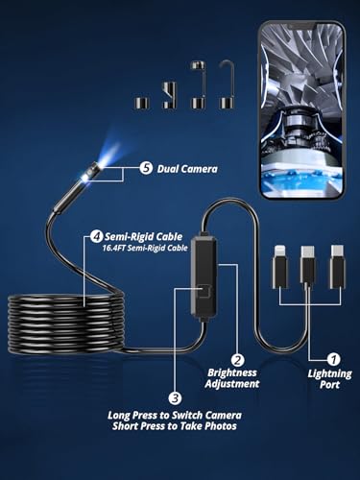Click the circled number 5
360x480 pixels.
pos(146,168)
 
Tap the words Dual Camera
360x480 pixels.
pos(187,169)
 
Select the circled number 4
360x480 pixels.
pos(96,236)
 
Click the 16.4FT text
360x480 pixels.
pos(114,248)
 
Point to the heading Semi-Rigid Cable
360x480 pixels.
pos(144,237)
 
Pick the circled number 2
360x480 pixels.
pos(237,360)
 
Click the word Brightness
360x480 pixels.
pos(232,372)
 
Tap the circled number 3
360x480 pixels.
pos(175,398)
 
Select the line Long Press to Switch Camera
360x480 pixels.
pos(175,415)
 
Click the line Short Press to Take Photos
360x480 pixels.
pos(175,426)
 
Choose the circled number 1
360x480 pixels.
pos(333,359)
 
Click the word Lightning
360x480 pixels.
pos(329,373)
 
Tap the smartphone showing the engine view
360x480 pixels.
pos(302,110)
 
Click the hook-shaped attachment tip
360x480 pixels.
pos(227,84)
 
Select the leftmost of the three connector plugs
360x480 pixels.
pos(279,267)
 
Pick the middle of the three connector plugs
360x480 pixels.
pos(307,267)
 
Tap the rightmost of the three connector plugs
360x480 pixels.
pos(338,267)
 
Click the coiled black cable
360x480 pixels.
pos(65,324)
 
